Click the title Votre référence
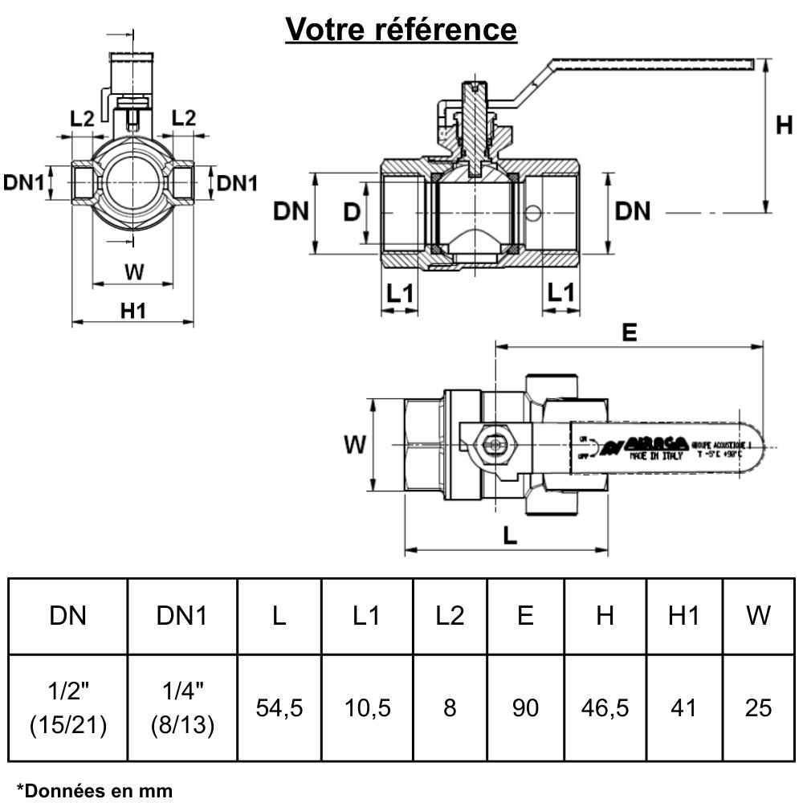pos(401,30)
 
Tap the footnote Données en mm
pos(95,790)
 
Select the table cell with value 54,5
pos(279,707)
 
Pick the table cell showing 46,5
pos(605,707)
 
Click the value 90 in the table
pos(525,707)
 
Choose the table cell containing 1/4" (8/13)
pos(182,707)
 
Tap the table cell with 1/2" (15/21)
pos(68,707)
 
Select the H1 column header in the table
pos(683,616)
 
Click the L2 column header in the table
pos(449,616)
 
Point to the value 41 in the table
pos(683,707)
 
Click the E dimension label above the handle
pos(630,332)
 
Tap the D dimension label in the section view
pos(351,213)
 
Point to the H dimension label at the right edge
pos(785,125)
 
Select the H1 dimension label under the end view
pos(133,310)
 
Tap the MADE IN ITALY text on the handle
pos(656,455)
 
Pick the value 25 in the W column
pos(758,707)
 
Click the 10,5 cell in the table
pos(367,707)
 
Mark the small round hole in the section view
pos(531,213)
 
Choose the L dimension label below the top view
pos(509,536)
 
